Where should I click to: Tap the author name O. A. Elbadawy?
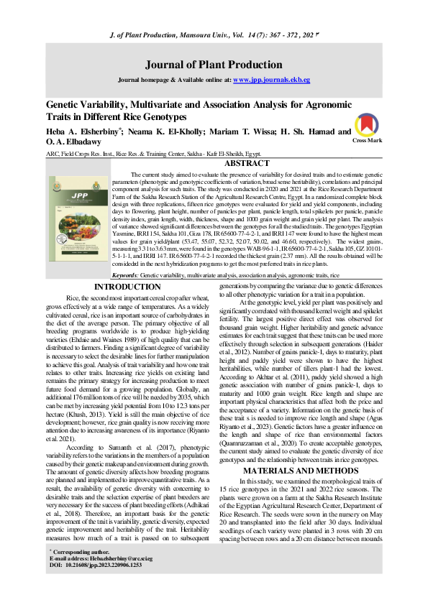pyautogui.click(x=74, y=142)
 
